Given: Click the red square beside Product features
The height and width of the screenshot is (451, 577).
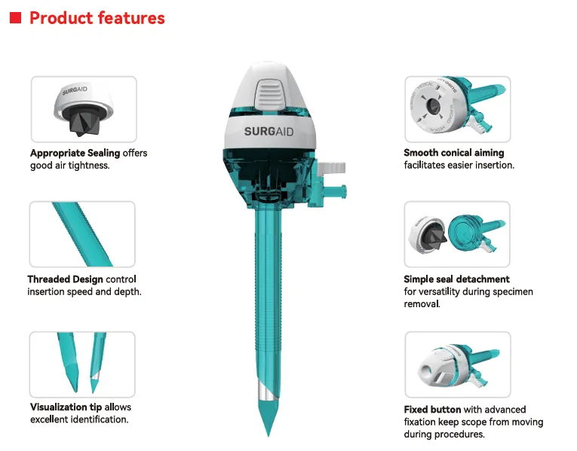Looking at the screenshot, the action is coord(15,17).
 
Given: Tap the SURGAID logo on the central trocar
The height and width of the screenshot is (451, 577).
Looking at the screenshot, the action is coord(269,132).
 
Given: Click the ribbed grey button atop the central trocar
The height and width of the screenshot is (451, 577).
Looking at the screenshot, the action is coord(271,94).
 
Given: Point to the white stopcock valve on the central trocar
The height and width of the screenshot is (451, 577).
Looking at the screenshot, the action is coord(331,168).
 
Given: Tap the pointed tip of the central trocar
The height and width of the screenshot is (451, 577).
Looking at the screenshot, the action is coord(269,436).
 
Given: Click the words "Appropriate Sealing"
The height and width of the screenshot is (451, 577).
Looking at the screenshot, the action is coord(75,153).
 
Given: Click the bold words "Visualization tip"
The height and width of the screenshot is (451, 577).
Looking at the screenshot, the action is coord(66,407).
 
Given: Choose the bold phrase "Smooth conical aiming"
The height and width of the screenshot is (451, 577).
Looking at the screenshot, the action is coord(454,153).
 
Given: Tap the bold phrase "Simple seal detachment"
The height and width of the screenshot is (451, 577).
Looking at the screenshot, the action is coord(456,279).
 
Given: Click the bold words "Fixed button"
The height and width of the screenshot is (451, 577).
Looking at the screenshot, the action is coord(432,410).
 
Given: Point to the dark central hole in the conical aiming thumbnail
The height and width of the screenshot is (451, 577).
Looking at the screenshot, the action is coord(434,105).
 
